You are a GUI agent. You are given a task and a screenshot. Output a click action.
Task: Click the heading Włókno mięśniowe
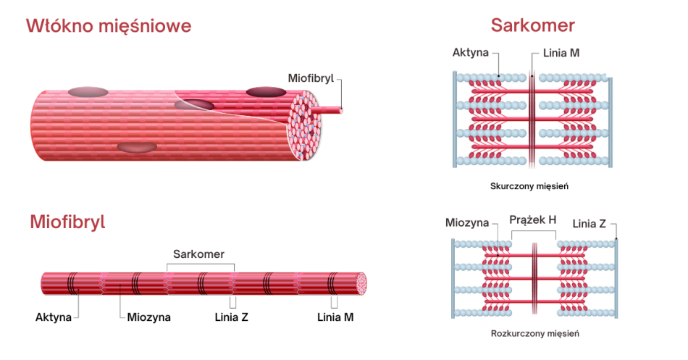(109, 27)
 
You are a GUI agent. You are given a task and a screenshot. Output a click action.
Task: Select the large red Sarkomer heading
(532, 26)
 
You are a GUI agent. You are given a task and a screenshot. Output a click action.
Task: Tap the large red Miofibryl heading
(67, 222)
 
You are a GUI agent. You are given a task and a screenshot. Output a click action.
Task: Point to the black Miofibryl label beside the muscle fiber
(311, 78)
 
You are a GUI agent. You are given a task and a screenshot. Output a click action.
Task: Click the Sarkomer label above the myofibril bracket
(198, 254)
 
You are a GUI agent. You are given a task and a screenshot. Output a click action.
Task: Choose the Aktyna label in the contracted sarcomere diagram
(471, 54)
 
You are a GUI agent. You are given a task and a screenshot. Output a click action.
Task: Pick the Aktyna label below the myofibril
(54, 317)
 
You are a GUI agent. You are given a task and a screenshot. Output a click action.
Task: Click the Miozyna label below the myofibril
(148, 317)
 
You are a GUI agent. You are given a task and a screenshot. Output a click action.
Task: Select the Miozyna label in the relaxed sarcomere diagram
(467, 222)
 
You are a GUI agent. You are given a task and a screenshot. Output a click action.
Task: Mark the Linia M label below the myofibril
(336, 317)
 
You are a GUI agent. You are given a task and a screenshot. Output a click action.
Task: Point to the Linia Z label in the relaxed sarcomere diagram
(590, 222)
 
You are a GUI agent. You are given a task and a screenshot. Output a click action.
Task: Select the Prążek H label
(533, 219)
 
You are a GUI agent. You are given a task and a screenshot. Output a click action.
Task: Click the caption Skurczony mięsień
(529, 186)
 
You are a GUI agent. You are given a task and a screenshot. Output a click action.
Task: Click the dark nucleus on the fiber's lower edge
(137, 147)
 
